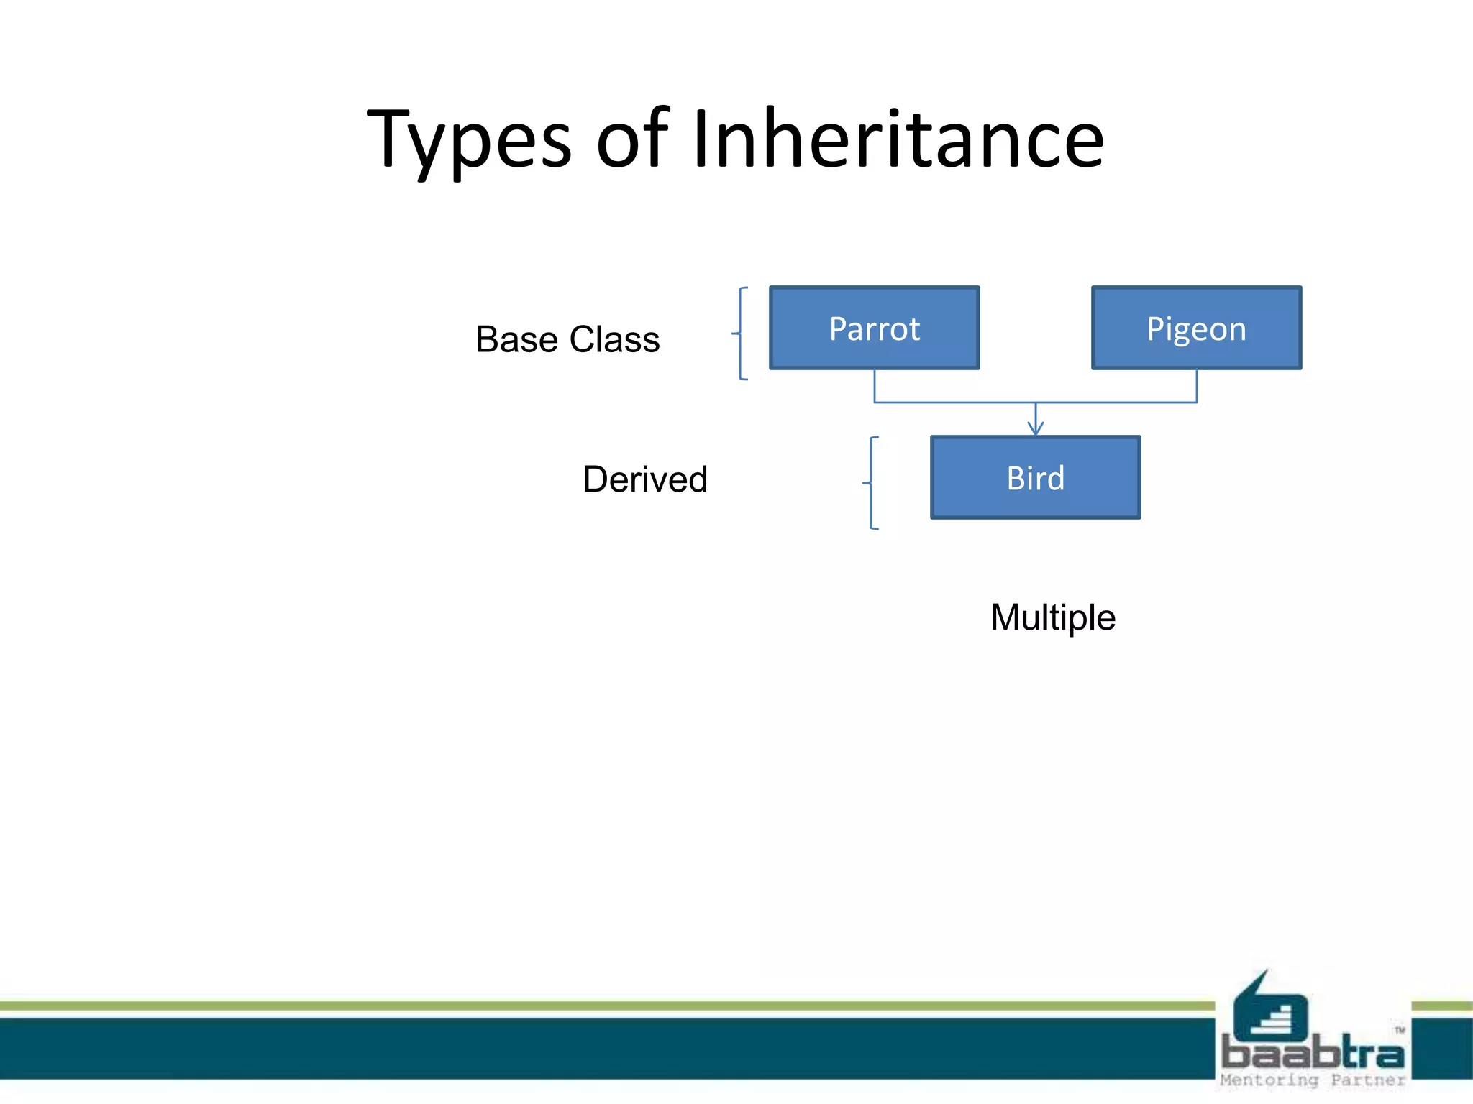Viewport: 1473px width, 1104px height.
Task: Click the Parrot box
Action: [874, 328]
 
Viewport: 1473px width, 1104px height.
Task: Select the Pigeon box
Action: [1196, 328]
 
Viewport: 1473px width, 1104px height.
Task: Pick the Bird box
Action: [1035, 478]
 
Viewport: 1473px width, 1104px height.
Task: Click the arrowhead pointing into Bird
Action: [1035, 429]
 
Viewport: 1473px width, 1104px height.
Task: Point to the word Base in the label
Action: [516, 339]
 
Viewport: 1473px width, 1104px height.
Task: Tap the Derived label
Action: [645, 479]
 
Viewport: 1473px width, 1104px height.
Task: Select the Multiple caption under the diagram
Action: [1052, 617]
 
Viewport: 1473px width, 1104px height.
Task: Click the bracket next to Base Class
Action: [741, 333]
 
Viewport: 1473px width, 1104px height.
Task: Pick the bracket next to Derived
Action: [871, 483]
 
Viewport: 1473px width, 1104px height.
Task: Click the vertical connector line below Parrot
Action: [875, 386]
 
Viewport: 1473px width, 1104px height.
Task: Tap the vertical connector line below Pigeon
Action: [1197, 386]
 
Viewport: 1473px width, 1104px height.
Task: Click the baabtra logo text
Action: [1313, 1054]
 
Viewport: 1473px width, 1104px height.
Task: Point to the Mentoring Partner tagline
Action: [1313, 1080]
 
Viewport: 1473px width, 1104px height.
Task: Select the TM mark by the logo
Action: [1400, 1031]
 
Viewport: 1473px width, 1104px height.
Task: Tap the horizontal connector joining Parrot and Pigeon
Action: [957, 402]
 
